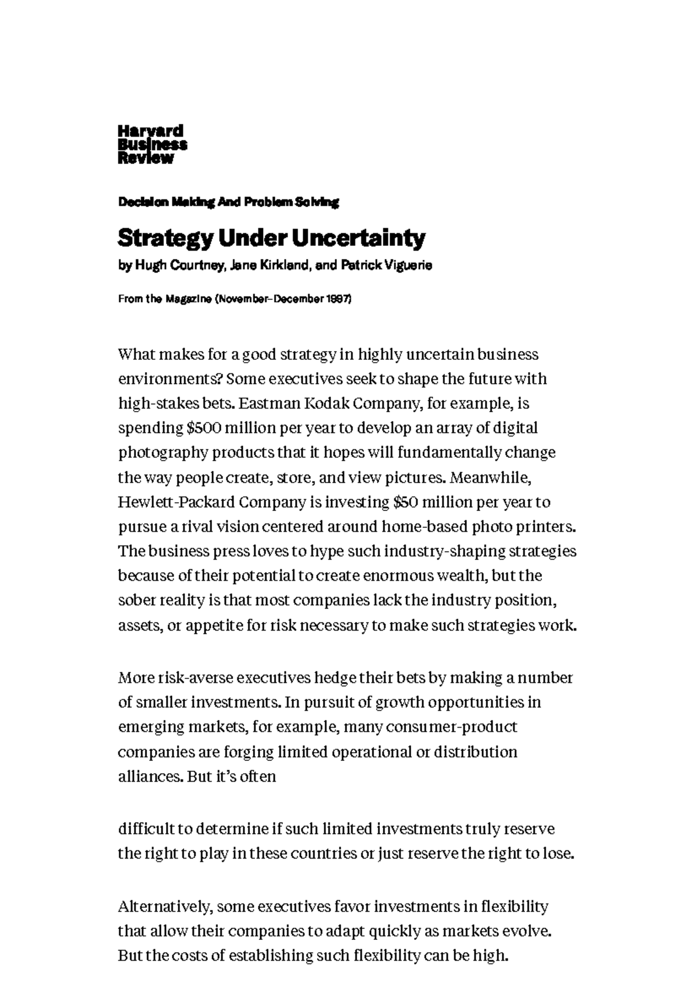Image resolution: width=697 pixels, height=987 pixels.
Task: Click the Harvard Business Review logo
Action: click(152, 145)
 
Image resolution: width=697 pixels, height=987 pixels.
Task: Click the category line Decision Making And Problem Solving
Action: click(228, 202)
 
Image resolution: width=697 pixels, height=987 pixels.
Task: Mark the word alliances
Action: click(150, 777)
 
